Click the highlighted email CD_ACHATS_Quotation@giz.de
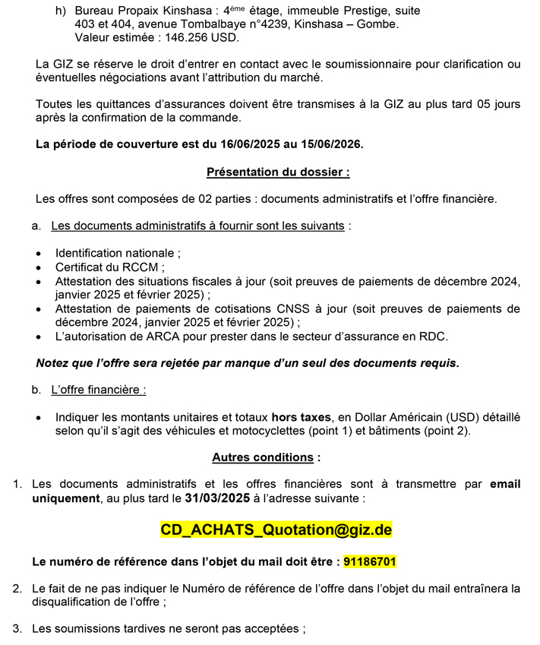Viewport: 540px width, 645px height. point(276,530)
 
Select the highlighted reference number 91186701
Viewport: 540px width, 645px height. point(370,562)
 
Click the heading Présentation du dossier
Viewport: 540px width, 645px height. point(278,172)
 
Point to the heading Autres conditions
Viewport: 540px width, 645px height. point(265,457)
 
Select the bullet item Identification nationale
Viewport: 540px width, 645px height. point(118,253)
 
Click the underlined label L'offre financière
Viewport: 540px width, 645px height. point(98,390)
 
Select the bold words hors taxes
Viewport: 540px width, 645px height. point(302,417)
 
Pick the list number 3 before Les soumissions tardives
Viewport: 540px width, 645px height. point(17,628)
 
